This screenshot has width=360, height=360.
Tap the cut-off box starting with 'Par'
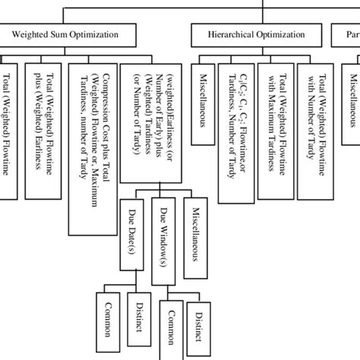(350, 34)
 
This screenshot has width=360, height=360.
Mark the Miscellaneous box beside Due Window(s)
(195, 232)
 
